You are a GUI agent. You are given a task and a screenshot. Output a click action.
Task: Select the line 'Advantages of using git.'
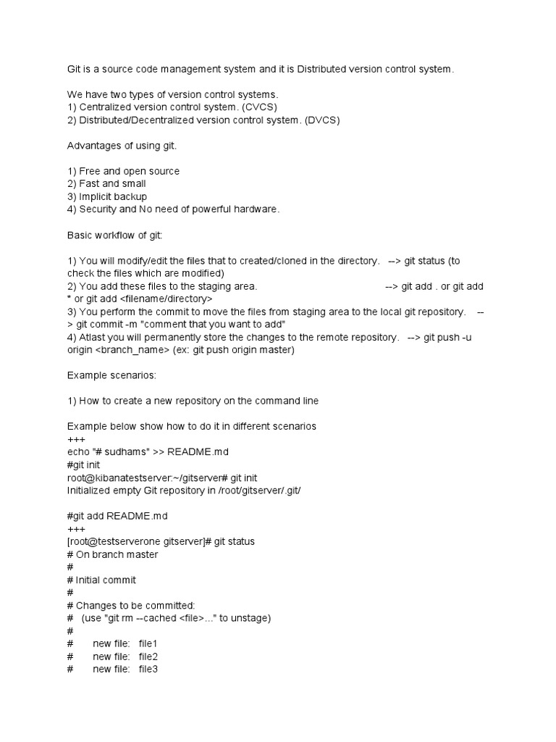click(122, 146)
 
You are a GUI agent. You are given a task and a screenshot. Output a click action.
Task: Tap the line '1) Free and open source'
click(123, 172)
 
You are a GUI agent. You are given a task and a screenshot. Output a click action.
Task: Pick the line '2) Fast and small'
click(106, 184)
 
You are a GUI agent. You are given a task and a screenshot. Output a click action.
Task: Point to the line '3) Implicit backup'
click(107, 196)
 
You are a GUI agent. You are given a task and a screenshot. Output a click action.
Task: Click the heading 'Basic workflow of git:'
click(117, 235)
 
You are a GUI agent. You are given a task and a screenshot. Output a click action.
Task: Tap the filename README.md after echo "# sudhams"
click(198, 451)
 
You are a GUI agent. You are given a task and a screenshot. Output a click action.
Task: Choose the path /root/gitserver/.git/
click(256, 491)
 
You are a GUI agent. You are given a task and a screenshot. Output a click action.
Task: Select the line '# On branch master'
click(112, 554)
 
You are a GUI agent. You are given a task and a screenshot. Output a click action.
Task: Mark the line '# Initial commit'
click(101, 580)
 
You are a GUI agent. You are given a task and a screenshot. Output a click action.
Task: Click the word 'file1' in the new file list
click(148, 643)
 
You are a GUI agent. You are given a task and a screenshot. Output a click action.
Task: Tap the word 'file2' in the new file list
click(148, 656)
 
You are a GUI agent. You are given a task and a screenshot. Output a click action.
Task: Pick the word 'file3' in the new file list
click(148, 669)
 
